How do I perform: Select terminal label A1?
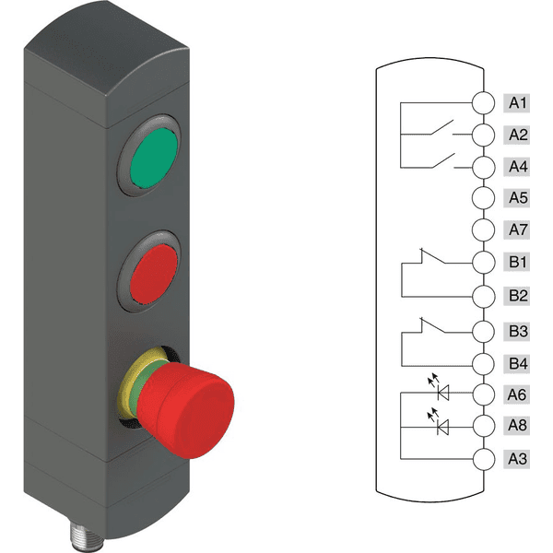pos(518,102)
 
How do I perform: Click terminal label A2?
pos(518,135)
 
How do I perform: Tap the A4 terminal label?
pos(518,167)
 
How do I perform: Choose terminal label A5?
pos(518,198)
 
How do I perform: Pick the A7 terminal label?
pos(518,229)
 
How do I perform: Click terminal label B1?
pos(518,263)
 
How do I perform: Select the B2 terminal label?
pos(518,296)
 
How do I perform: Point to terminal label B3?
pos(518,330)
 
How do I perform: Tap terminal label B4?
pos(518,362)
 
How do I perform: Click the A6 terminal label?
pos(518,394)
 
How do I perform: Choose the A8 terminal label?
pos(518,426)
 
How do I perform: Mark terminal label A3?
pos(518,458)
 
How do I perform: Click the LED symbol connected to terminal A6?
pos(441,394)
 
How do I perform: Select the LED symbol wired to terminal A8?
pos(441,426)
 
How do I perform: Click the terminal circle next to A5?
pos(483,198)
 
